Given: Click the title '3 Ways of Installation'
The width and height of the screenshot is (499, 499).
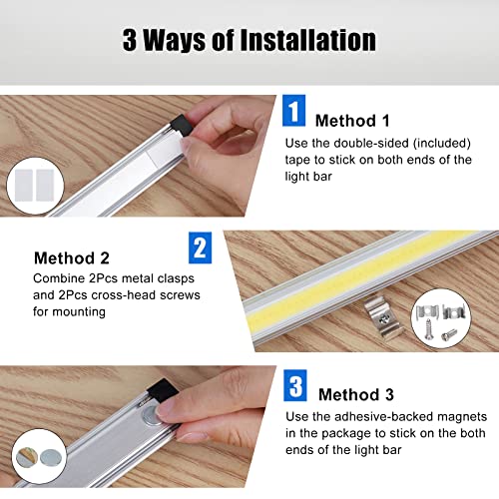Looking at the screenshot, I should pyautogui.click(x=249, y=40).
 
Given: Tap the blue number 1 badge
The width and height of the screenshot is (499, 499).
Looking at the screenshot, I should pyautogui.click(x=293, y=111).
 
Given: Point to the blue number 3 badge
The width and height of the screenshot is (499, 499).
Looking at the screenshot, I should pyautogui.click(x=294, y=386).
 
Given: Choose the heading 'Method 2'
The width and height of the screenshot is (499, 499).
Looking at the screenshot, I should pyautogui.click(x=70, y=258).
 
